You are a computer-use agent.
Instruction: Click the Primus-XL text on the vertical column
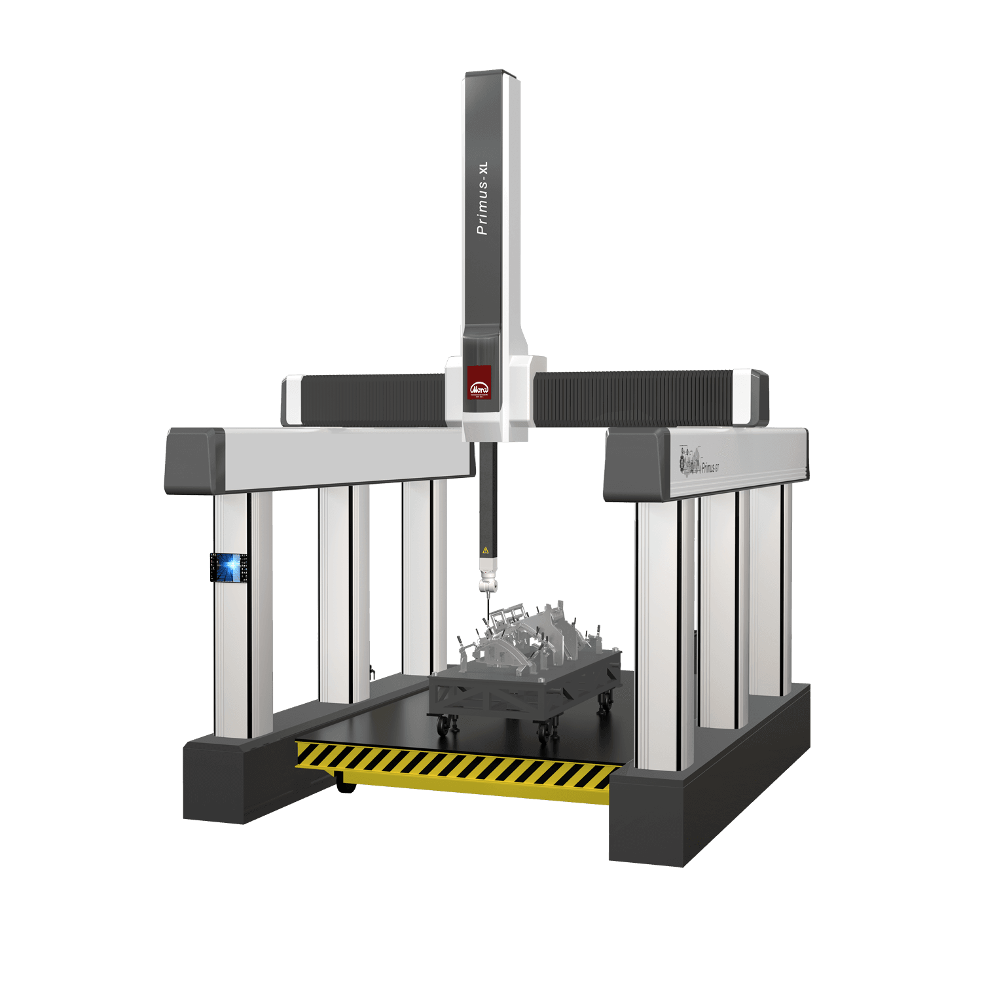pos(482,198)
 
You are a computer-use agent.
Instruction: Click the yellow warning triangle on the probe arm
pos(485,551)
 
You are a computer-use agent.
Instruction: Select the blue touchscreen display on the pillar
pos(228,567)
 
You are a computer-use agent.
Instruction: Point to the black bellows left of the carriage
pos(373,399)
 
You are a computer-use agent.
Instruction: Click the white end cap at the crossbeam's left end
pos(294,399)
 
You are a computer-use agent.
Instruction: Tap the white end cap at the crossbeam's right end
pos(744,397)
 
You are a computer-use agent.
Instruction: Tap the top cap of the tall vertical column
pos(492,75)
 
